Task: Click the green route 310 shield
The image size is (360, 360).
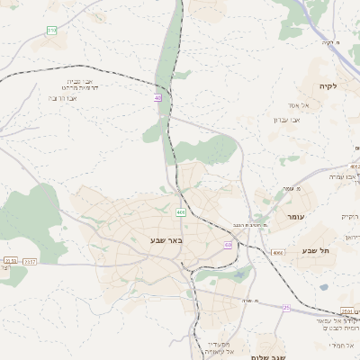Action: [51, 31]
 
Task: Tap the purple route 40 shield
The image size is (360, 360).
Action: [158, 97]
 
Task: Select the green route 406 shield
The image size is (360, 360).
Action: [181, 212]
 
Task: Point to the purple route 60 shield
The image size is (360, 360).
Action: [229, 244]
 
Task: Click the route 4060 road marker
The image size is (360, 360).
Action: [277, 254]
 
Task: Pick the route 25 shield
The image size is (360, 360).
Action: [286, 308]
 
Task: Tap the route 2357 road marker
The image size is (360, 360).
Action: [30, 261]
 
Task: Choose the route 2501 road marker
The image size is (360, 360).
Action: [347, 310]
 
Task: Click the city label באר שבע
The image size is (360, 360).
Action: [166, 240]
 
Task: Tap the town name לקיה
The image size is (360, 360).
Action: [326, 86]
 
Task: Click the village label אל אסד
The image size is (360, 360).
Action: [299, 106]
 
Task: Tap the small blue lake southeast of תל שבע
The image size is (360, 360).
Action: [323, 288]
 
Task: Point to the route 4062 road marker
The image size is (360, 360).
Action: [355, 166]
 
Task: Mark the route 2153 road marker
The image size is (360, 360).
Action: [10, 261]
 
